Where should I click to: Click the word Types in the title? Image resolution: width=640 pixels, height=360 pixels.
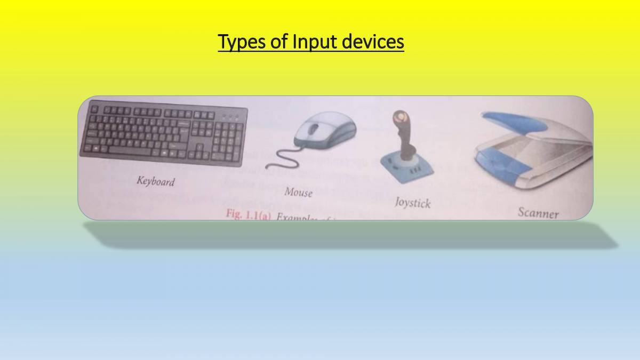pos(242,42)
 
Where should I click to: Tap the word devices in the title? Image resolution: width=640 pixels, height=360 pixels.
pos(373,41)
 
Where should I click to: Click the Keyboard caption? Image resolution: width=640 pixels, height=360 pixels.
pos(155,181)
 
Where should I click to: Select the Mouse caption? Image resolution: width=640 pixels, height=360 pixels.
pos(298,191)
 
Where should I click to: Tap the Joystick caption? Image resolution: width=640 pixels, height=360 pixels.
pos(412,203)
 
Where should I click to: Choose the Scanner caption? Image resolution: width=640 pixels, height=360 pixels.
pos(538,213)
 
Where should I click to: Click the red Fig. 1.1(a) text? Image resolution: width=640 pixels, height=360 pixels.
pos(249,214)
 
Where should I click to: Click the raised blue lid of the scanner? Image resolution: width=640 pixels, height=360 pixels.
pos(509,121)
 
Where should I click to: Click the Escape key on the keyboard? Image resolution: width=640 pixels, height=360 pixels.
pos(94,108)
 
